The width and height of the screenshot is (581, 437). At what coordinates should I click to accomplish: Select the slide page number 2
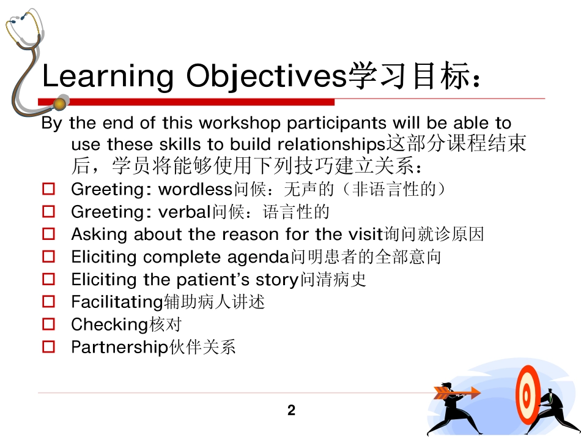click(291, 411)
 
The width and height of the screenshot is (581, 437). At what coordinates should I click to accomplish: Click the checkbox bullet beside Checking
click(50, 324)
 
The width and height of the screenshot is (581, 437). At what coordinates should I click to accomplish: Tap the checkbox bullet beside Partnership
click(50, 347)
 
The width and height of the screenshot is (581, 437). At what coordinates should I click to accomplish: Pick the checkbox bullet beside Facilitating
click(50, 302)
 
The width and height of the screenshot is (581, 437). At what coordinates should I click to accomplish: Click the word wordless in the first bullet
click(191, 189)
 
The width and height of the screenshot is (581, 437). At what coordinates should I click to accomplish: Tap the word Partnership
click(119, 348)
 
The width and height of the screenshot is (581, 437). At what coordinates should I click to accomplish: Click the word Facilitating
click(117, 302)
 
